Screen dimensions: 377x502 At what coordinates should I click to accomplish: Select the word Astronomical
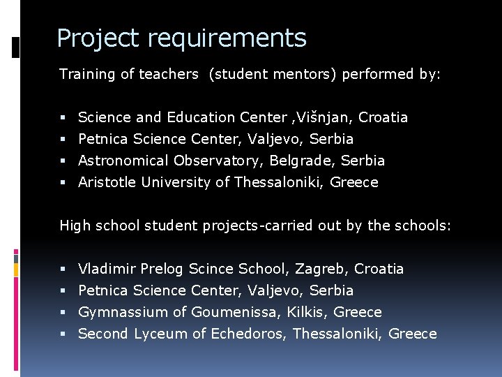click(123, 161)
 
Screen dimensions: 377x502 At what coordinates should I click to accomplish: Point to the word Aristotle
click(107, 182)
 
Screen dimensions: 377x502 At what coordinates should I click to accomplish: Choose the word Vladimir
click(107, 269)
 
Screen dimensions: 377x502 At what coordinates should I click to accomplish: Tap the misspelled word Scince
click(211, 269)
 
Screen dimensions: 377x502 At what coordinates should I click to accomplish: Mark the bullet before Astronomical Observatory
click(63, 161)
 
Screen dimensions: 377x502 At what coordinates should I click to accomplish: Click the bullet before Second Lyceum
click(63, 334)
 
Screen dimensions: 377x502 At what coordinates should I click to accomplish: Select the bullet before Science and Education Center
click(63, 118)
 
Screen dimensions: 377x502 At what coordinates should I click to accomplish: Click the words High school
click(92, 226)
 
